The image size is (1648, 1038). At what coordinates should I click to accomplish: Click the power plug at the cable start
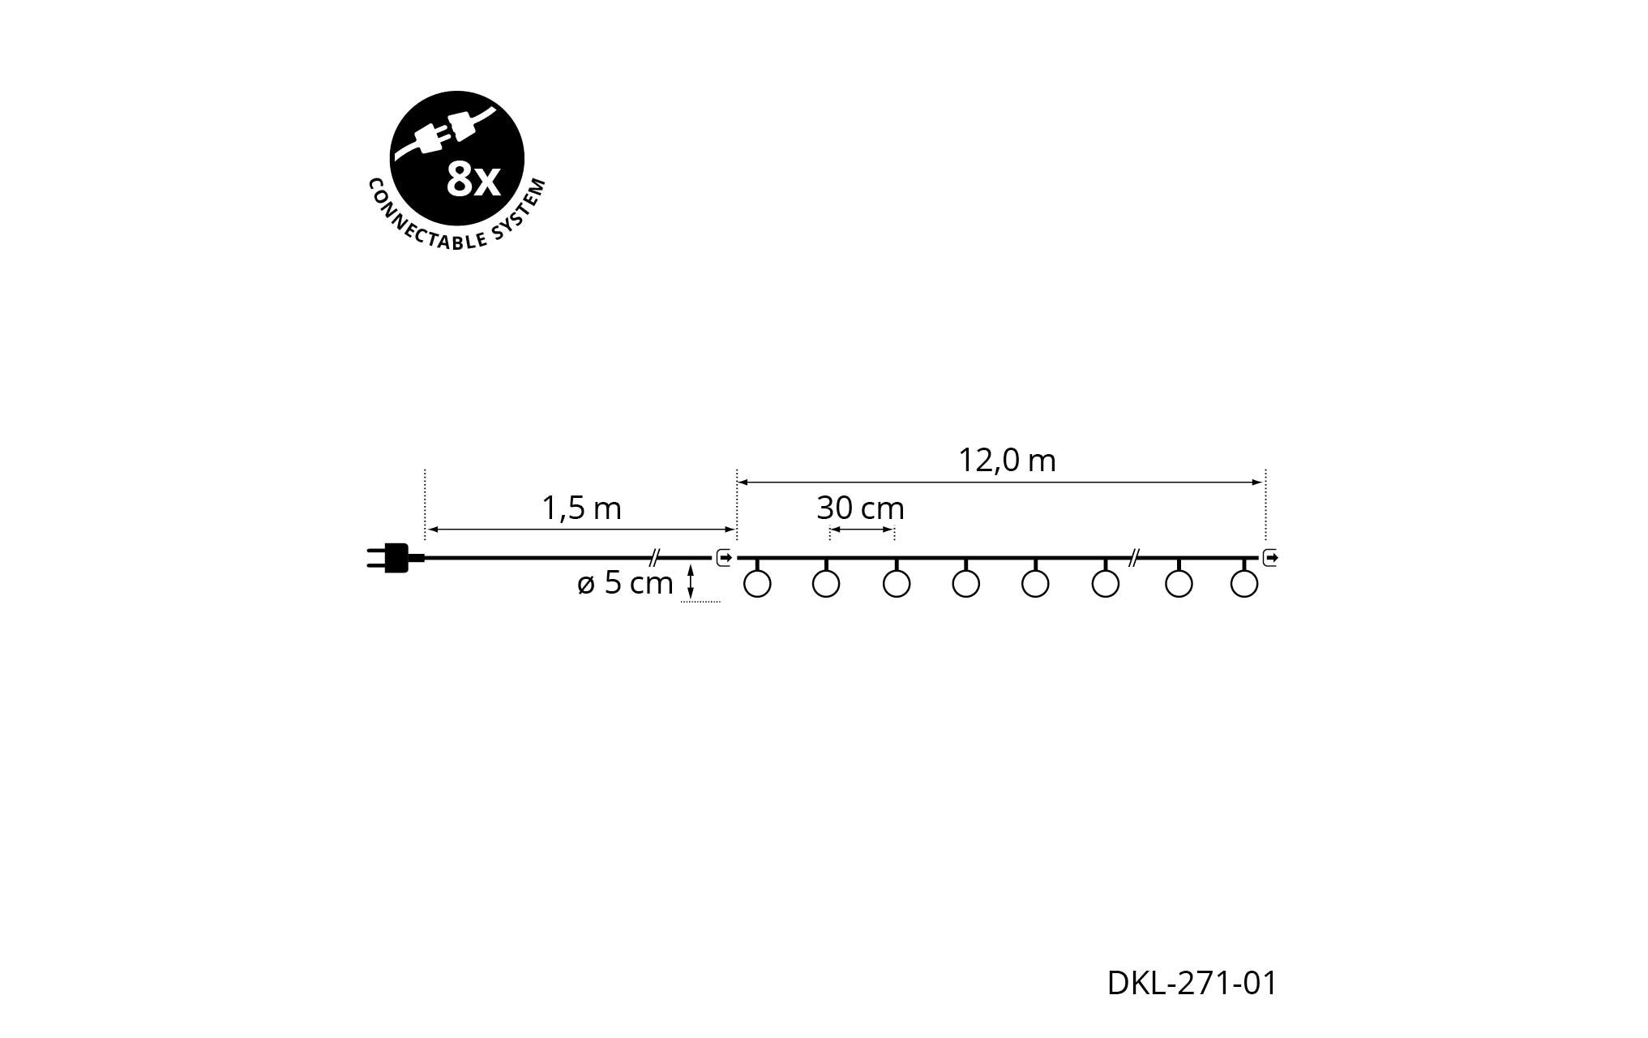point(395,558)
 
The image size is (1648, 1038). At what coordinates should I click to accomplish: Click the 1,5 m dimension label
point(581,508)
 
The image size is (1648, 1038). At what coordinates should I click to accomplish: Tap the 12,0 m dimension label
point(1007,461)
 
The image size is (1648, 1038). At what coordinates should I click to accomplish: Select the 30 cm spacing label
point(860,508)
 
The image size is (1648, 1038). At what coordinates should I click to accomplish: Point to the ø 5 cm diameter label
point(625,583)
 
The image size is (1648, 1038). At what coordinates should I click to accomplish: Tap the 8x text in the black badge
point(474,181)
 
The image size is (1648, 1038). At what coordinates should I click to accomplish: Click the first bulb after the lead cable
point(756,584)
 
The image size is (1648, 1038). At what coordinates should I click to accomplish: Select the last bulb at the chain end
point(1244,584)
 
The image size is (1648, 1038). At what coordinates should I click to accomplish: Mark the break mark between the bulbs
point(1135,557)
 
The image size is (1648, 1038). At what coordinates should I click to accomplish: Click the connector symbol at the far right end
point(1270,558)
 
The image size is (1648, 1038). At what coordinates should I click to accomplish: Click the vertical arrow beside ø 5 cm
point(690,582)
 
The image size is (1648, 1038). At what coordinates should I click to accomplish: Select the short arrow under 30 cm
point(862,530)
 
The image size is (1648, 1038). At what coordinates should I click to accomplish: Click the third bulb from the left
point(897,584)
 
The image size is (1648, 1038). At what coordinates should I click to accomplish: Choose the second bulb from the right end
point(1179,584)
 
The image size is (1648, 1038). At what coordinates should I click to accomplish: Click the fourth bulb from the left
point(966,584)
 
